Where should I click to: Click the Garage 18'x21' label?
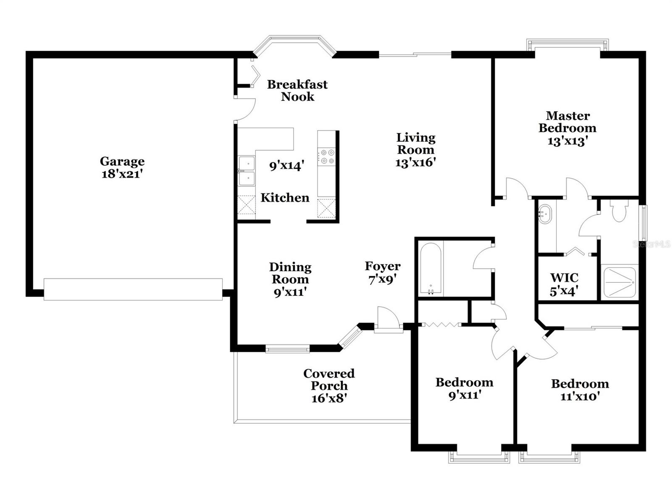point(122,167)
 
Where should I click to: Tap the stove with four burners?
point(326,157)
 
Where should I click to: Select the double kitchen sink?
point(247,171)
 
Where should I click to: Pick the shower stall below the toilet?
point(619,282)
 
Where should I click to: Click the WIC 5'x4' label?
point(564,284)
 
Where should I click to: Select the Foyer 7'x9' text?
point(382,272)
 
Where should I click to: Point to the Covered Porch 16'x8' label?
point(329,385)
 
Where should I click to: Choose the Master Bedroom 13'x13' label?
point(567,128)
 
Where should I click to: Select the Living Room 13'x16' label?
point(415,150)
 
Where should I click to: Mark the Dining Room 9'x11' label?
point(290,279)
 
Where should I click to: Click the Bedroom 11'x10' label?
point(580,389)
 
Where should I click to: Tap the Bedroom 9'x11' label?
point(464,388)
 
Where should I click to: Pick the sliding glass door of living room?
point(415,54)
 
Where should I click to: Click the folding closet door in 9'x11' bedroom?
point(441,324)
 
